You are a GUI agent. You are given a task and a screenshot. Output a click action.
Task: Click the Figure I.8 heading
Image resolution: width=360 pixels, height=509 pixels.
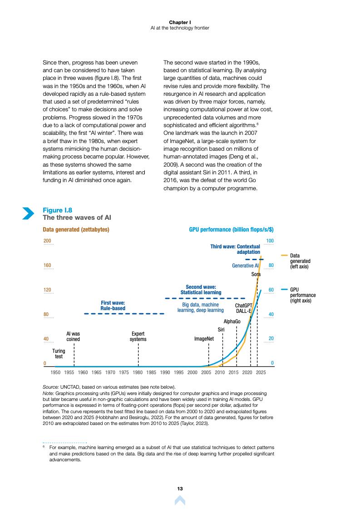tap(57, 210)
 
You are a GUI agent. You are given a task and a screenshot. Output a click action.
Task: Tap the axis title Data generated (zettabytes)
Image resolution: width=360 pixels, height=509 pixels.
tap(76, 230)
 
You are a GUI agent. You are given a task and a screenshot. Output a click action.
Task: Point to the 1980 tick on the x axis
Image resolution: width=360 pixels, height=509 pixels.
tap(138, 372)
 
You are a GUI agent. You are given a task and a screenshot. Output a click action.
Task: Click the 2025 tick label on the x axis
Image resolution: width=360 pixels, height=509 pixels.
tap(261, 372)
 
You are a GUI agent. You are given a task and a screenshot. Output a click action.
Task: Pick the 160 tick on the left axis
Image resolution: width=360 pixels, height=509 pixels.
tap(47, 265)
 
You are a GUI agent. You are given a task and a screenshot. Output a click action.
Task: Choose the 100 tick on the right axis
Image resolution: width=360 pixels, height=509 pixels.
tap(270, 241)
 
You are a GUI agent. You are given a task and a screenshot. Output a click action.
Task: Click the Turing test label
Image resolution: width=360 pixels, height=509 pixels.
tap(59, 354)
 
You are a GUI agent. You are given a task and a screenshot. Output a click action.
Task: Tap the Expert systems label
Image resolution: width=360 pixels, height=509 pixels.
tap(138, 336)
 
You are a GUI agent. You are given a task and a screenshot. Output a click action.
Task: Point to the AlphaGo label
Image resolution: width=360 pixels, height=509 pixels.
tap(232, 321)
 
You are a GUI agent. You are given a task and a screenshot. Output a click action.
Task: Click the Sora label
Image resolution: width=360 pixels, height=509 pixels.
tap(256, 274)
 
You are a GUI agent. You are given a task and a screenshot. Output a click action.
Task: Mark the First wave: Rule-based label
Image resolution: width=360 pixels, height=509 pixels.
tap(113, 305)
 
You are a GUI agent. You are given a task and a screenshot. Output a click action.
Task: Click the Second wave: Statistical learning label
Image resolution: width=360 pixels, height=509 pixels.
tap(201, 290)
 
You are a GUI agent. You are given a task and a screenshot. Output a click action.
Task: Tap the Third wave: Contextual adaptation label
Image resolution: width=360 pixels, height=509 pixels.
tap(235, 249)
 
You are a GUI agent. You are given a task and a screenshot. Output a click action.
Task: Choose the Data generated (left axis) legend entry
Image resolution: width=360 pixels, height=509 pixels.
tap(300, 261)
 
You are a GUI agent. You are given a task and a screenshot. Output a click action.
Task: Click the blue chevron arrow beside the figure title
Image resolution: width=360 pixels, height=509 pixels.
tap(28, 213)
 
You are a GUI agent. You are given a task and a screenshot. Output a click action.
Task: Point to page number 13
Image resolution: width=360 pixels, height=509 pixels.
tap(180, 489)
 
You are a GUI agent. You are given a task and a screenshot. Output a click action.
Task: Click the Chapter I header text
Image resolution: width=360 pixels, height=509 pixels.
tap(180, 22)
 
